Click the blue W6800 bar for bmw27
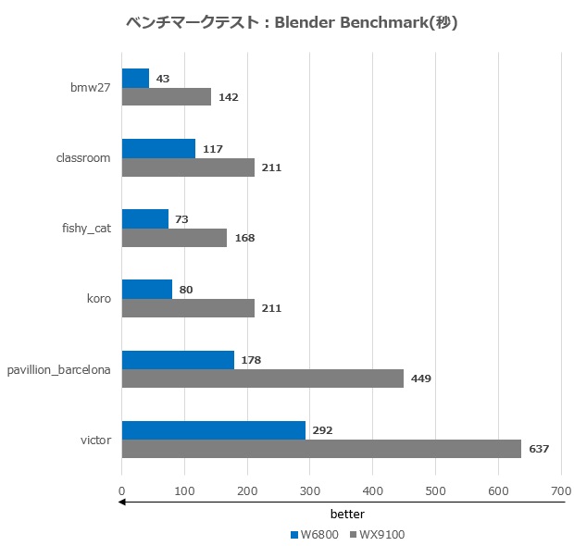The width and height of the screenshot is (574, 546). [x=135, y=79]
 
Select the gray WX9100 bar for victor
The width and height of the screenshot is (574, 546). [x=321, y=449]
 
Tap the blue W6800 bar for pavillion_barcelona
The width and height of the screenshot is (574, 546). [x=178, y=360]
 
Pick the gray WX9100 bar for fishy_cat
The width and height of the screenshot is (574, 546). [x=174, y=238]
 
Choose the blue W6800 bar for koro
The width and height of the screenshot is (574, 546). [x=146, y=290]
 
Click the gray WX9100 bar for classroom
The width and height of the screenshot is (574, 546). [x=188, y=168]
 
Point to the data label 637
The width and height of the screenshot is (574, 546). [x=539, y=449]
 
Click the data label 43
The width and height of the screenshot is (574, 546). [x=163, y=79]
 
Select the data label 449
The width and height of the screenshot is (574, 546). [x=421, y=378]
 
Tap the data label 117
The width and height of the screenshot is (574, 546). [x=213, y=149]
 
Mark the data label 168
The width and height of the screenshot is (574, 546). [x=244, y=238]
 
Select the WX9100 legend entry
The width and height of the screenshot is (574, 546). [x=375, y=534]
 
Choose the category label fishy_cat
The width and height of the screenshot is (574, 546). [x=87, y=228]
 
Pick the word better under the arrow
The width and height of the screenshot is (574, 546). [x=347, y=514]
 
